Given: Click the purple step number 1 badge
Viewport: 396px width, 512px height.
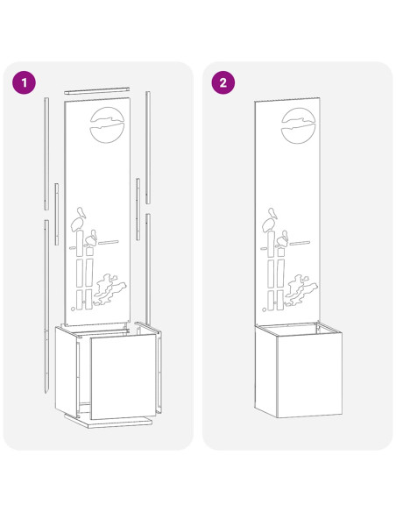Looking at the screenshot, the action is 24,82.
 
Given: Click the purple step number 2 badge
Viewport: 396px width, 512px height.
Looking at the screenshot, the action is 223,82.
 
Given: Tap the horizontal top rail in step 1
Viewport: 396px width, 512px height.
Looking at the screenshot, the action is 97,90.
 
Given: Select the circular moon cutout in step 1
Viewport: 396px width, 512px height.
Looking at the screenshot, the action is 107,125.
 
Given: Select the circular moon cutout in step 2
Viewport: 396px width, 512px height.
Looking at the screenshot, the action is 299,125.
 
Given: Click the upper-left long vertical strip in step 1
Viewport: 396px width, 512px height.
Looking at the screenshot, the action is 46,153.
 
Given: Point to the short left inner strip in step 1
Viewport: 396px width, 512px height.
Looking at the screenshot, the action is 57,214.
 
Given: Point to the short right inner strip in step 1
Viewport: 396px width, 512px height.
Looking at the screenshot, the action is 138,209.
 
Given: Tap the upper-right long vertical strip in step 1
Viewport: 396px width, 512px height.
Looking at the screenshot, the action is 148,147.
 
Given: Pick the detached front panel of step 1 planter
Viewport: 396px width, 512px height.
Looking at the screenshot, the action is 124,376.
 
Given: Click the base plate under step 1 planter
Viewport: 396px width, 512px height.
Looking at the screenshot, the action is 109,421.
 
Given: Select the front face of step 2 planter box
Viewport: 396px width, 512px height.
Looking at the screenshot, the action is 309,375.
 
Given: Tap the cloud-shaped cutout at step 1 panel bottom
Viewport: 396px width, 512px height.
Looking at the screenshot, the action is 110,289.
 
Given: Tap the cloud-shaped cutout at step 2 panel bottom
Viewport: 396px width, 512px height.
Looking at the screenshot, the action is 301,290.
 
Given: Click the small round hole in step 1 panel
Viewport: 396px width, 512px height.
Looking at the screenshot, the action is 73,309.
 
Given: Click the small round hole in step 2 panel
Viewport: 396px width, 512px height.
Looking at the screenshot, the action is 265,309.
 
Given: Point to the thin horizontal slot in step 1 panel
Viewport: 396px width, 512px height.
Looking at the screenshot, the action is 109,242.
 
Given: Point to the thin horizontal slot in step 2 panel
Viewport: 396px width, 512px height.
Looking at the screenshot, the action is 300,243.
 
